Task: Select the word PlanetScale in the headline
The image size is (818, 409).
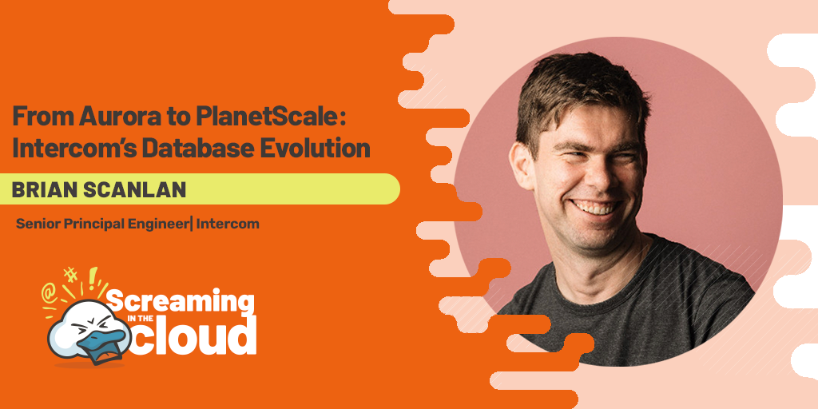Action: click(x=265, y=117)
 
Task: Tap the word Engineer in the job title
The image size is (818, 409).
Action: click(x=159, y=224)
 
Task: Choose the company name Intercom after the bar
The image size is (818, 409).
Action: click(x=228, y=224)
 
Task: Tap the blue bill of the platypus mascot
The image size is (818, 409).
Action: click(x=105, y=342)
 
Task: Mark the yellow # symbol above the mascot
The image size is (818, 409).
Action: click(x=70, y=275)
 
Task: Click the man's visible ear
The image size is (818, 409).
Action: click(x=522, y=166)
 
